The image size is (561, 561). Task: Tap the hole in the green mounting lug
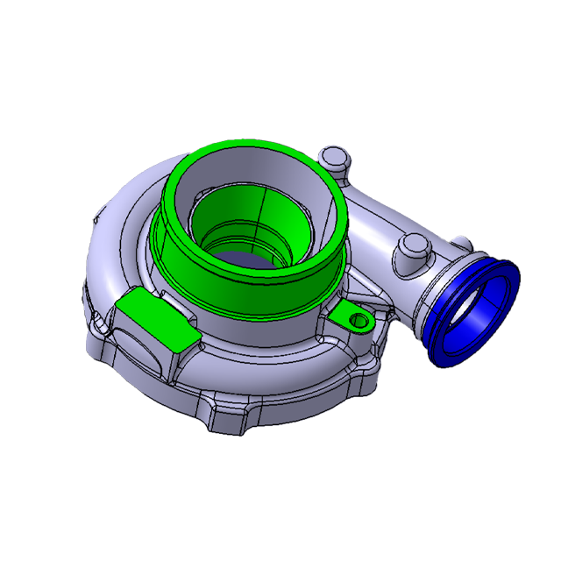pos(359,321)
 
